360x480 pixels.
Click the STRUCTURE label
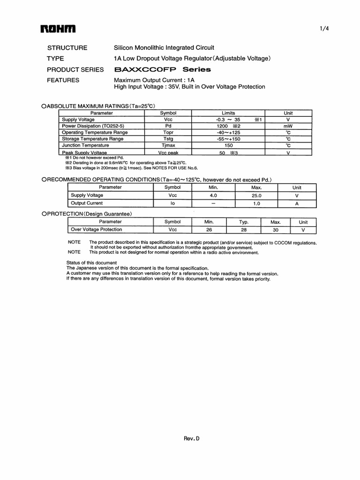pyautogui.click(x=67, y=48)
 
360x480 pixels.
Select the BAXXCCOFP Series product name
pyautogui.click(x=162, y=69)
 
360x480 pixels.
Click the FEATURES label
pyautogui.click(x=63, y=80)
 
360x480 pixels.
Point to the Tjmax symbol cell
pyautogui.click(x=168, y=146)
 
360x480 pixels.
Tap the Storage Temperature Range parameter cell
pyautogui.click(x=93, y=139)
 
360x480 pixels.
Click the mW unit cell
pyautogui.click(x=288, y=126)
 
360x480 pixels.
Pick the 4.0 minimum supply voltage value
pyautogui.click(x=213, y=195)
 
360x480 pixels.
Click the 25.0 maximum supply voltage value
pyautogui.click(x=256, y=195)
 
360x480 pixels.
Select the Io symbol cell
pyautogui.click(x=172, y=203)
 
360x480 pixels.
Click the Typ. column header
pyautogui.click(x=244, y=222)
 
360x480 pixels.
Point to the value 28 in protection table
pyautogui.click(x=244, y=230)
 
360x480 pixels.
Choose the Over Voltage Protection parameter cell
pyautogui.click(x=96, y=230)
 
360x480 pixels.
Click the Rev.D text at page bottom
pyautogui.click(x=191, y=439)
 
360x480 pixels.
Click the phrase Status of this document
pyautogui.click(x=91, y=262)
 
